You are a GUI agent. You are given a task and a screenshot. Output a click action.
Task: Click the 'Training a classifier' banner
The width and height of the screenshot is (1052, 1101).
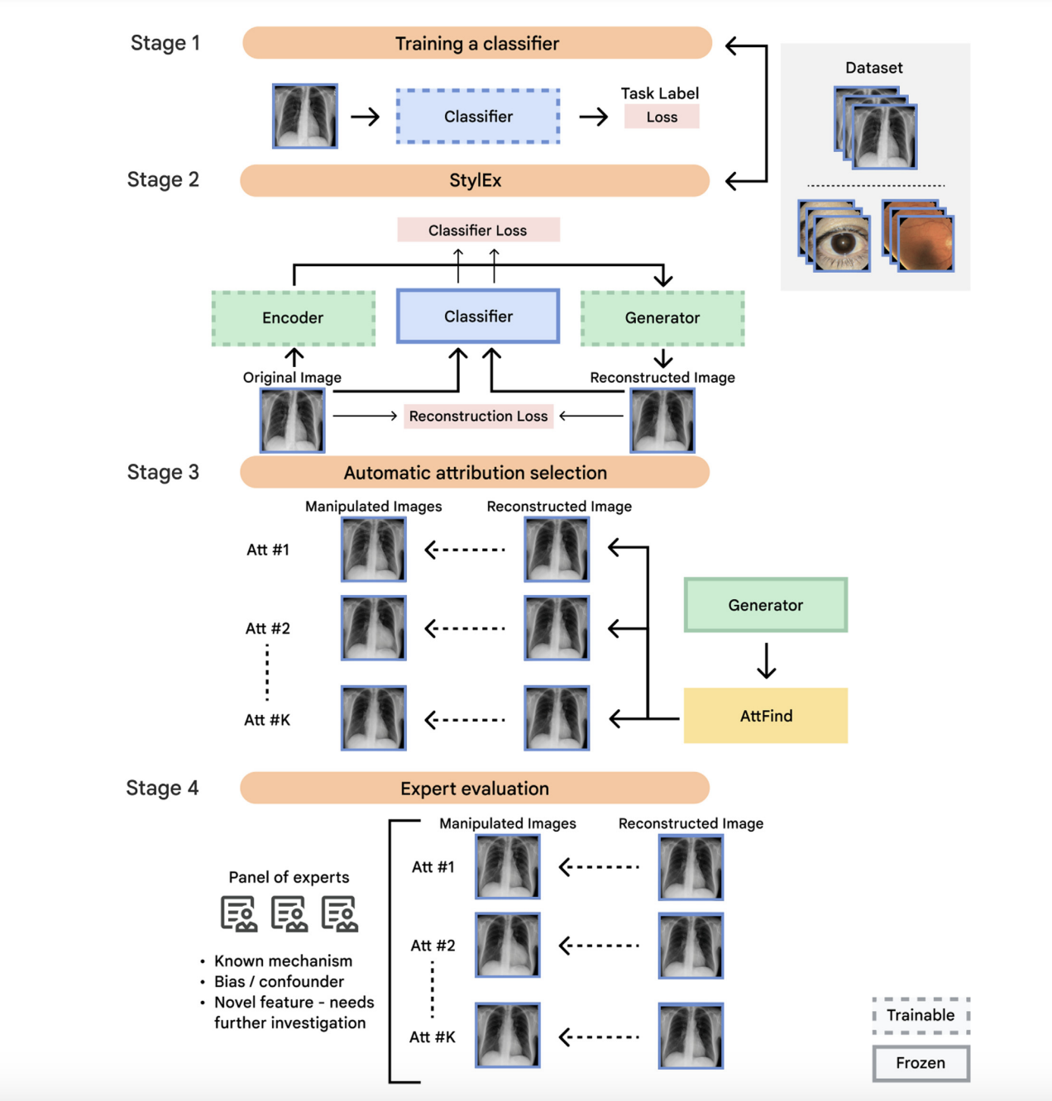pyautogui.click(x=476, y=44)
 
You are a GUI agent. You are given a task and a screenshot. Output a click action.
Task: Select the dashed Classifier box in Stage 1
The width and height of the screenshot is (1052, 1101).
pyautogui.click(x=478, y=117)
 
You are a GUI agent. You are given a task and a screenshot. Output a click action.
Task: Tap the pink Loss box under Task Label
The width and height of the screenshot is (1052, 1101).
pyautogui.click(x=662, y=117)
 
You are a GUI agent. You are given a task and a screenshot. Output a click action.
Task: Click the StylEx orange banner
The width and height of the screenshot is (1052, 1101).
pyautogui.click(x=475, y=180)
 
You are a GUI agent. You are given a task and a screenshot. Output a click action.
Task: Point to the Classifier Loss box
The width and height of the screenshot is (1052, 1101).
pyautogui.click(x=478, y=231)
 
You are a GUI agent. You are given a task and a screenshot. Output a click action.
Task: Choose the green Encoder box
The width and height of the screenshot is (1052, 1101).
pyautogui.click(x=293, y=318)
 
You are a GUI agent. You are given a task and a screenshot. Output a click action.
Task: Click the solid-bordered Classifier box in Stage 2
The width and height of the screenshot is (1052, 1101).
pyautogui.click(x=478, y=317)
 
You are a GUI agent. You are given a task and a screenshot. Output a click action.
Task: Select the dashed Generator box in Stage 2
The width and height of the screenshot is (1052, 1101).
pyautogui.click(x=662, y=318)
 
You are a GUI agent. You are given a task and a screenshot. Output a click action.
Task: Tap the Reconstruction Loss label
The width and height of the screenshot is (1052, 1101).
pyautogui.click(x=478, y=417)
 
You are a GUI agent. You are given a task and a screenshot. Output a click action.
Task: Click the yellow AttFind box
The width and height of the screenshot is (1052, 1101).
pyautogui.click(x=766, y=716)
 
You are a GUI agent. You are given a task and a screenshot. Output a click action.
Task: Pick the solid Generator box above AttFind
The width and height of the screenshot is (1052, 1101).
pyautogui.click(x=766, y=605)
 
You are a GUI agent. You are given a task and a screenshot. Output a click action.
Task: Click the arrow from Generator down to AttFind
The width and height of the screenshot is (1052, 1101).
pyautogui.click(x=767, y=661)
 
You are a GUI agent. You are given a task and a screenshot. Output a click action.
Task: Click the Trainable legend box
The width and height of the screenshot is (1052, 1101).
pyautogui.click(x=920, y=1016)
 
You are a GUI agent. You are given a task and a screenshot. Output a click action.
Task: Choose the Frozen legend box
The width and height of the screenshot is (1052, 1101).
pyautogui.click(x=920, y=1063)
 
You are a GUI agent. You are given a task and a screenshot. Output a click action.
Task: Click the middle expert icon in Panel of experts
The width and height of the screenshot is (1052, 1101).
pyautogui.click(x=289, y=914)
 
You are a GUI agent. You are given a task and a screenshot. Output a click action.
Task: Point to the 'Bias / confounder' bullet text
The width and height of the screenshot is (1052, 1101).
pyautogui.click(x=279, y=982)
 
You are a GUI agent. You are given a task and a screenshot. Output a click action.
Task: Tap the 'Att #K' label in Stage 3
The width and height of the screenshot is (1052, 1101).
pyautogui.click(x=267, y=720)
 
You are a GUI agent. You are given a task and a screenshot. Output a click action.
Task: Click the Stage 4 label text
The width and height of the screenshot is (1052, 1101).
pyautogui.click(x=162, y=789)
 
